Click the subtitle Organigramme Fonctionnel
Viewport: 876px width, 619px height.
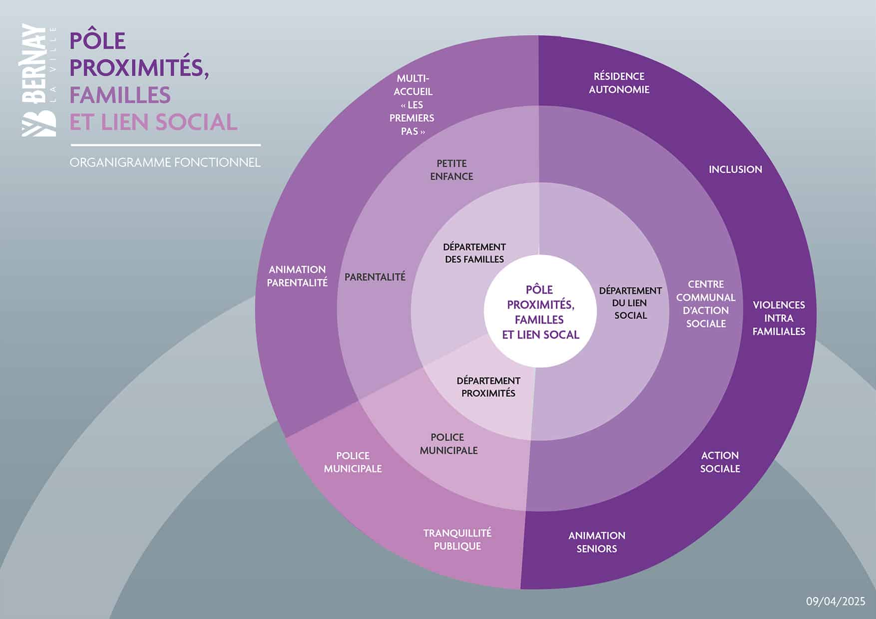coord(165,163)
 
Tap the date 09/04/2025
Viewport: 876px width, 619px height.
coord(835,602)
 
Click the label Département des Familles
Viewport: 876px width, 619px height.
coord(474,253)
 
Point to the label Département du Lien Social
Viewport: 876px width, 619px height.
coord(630,303)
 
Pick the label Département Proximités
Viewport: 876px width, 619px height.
coord(488,387)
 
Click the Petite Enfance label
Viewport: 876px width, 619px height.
coord(451,170)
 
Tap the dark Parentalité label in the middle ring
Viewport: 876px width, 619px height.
coord(375,277)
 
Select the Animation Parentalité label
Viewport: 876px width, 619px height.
coord(297,276)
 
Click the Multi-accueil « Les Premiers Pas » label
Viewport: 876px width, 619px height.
coord(412,105)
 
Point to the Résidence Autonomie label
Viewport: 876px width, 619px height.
coord(619,83)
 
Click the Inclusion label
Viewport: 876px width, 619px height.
coord(735,170)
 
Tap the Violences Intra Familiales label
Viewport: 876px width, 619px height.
coord(779,318)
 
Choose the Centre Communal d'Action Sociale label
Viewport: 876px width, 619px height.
coord(706,304)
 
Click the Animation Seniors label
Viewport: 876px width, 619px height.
coord(597,542)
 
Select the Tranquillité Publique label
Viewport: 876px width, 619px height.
coord(457,540)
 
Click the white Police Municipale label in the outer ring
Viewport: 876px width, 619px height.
coord(353,462)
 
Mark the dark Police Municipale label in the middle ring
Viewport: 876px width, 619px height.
coord(448,444)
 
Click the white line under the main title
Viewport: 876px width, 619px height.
coord(165,145)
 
